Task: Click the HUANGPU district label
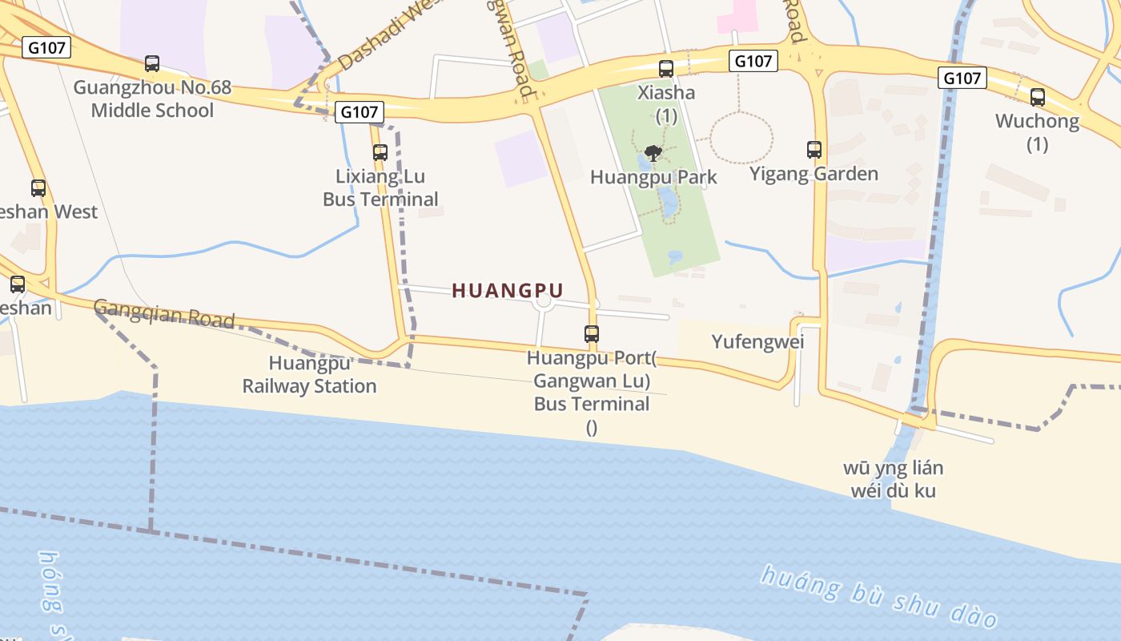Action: click(x=508, y=290)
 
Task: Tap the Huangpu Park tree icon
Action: click(x=653, y=153)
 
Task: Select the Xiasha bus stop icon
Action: click(x=666, y=69)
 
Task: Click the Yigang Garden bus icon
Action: click(x=814, y=150)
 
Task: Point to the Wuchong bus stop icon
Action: click(x=1038, y=98)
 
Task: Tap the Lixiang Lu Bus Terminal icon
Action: click(x=380, y=152)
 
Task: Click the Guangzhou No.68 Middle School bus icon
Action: click(x=152, y=64)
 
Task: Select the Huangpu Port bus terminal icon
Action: click(x=592, y=334)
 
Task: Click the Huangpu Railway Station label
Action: click(x=309, y=375)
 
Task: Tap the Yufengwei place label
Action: click(x=757, y=342)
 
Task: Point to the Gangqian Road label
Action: click(x=164, y=313)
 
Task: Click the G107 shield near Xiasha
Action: click(x=753, y=61)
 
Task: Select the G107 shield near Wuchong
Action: click(x=962, y=78)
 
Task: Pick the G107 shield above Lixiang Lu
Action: click(x=359, y=112)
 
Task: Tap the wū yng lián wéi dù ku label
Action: click(x=893, y=479)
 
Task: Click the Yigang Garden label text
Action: click(x=814, y=174)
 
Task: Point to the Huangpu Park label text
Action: click(x=653, y=177)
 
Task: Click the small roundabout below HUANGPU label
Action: click(x=544, y=302)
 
